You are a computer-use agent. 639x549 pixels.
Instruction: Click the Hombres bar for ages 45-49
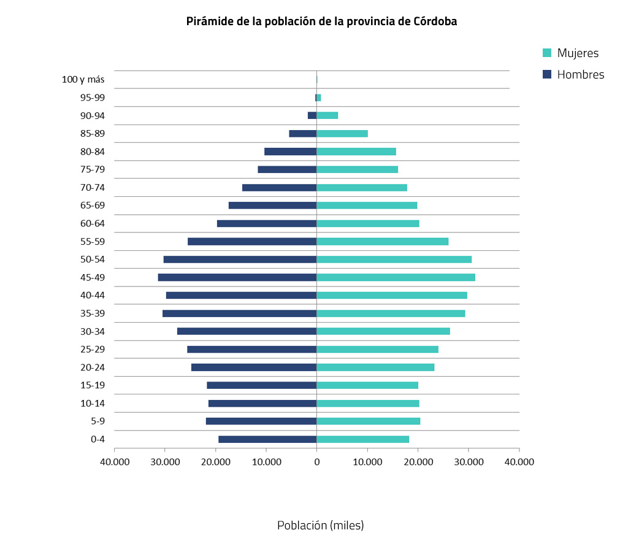237,277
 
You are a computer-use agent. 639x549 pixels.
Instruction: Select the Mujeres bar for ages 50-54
394,259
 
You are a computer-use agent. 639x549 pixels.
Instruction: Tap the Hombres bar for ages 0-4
267,439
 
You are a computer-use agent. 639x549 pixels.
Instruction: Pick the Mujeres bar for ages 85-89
342,134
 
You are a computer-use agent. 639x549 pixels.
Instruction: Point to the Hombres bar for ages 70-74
279,188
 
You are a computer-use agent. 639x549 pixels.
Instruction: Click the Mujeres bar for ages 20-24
375,367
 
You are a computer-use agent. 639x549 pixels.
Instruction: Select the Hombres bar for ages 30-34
247,331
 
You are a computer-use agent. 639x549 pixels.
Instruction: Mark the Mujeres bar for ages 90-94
327,115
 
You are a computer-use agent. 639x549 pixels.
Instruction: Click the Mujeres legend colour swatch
548,53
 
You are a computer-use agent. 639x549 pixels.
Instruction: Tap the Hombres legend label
580,75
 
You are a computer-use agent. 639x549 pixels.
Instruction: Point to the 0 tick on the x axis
316,461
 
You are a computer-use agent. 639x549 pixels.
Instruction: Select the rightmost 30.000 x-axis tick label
469,461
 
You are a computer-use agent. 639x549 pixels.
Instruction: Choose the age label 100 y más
83,79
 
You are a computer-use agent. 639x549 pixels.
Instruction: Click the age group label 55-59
93,242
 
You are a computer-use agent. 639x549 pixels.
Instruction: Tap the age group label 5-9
98,421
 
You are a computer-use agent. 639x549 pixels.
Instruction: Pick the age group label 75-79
93,170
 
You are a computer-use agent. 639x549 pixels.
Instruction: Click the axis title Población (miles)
320,526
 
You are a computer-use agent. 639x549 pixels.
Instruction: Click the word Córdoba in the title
434,21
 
